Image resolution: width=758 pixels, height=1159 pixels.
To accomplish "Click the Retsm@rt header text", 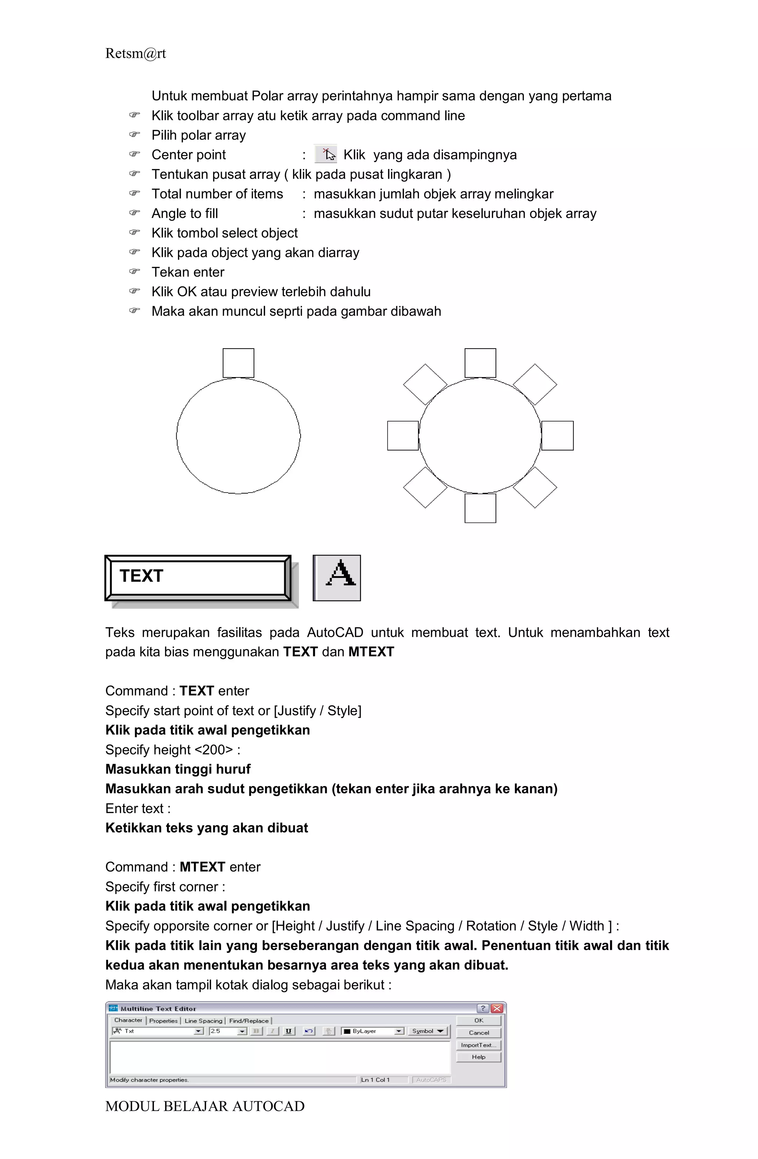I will (135, 54).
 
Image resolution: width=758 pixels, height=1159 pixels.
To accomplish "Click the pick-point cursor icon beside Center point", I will (325, 154).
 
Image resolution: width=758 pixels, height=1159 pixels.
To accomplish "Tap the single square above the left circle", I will (238, 363).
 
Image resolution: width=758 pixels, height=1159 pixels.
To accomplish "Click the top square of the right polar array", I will (480, 363).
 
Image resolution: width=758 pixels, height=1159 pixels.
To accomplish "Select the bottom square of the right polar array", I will (480, 508).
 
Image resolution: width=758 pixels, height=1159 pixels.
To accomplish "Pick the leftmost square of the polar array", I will (403, 435).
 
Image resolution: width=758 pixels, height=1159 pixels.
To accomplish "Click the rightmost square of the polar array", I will (557, 435).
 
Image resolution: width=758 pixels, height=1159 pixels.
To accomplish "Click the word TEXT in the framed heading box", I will (142, 575).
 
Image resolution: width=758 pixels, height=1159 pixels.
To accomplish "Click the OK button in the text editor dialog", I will (479, 1020).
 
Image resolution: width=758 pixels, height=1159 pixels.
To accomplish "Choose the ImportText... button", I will (479, 1045).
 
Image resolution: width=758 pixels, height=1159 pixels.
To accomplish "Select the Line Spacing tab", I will (203, 1021).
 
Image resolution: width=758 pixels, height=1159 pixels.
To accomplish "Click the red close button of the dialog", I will (497, 1008).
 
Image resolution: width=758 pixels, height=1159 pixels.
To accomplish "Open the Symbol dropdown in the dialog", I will (428, 1031).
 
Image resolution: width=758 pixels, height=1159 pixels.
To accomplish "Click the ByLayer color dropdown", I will (373, 1031).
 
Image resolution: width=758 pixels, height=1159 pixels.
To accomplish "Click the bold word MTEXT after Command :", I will (202, 867).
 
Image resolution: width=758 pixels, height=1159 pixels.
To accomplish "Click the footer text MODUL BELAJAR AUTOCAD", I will (205, 1106).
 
